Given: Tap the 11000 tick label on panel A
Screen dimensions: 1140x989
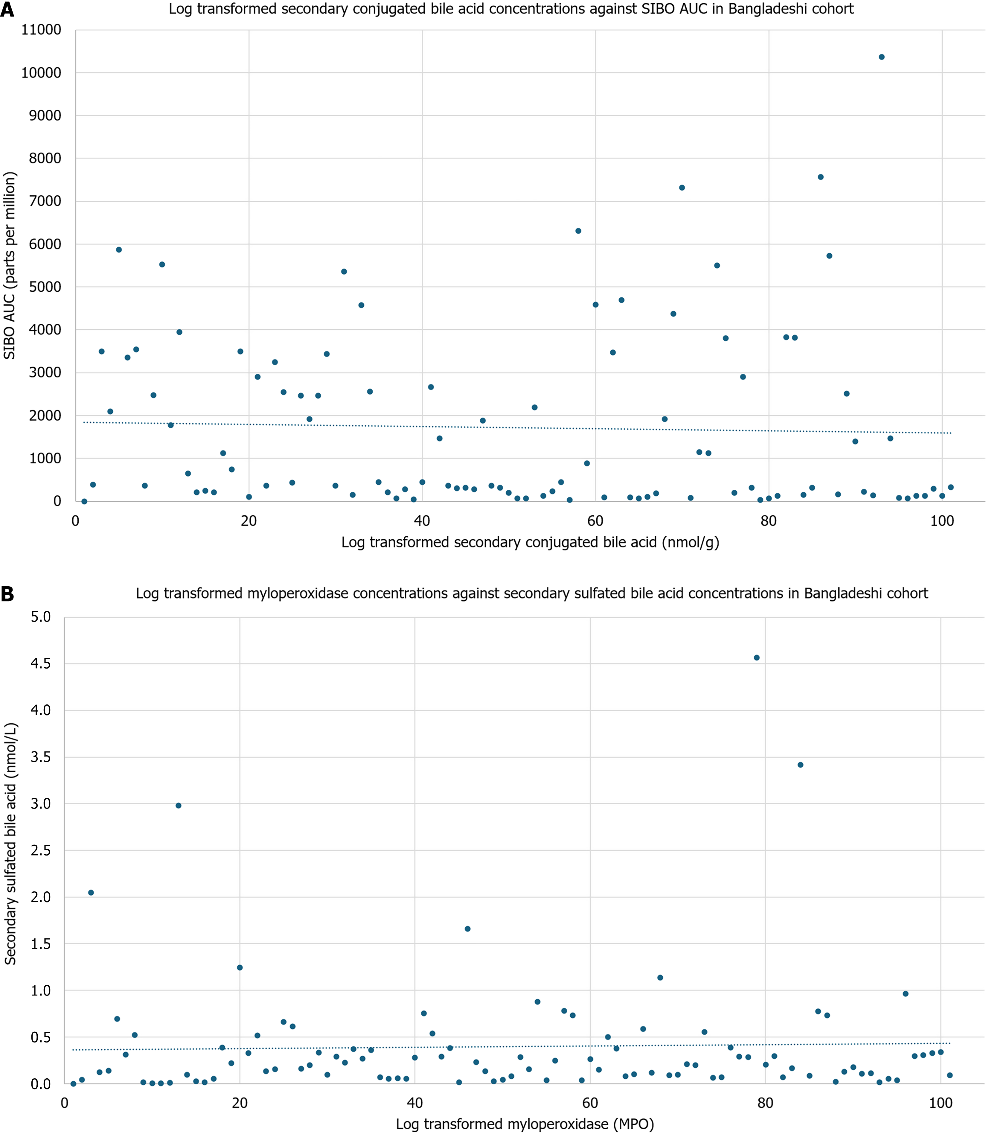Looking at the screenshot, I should coord(41,30).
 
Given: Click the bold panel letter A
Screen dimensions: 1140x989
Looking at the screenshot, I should coord(7,10).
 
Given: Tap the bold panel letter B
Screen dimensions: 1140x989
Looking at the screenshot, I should coord(7,594).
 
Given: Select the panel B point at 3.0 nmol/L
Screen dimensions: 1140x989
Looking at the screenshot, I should coord(178,806).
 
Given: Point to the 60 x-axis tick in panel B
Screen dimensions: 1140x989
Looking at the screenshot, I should coord(590,1103).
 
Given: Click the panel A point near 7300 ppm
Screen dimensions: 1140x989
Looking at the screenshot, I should coord(682,188).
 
